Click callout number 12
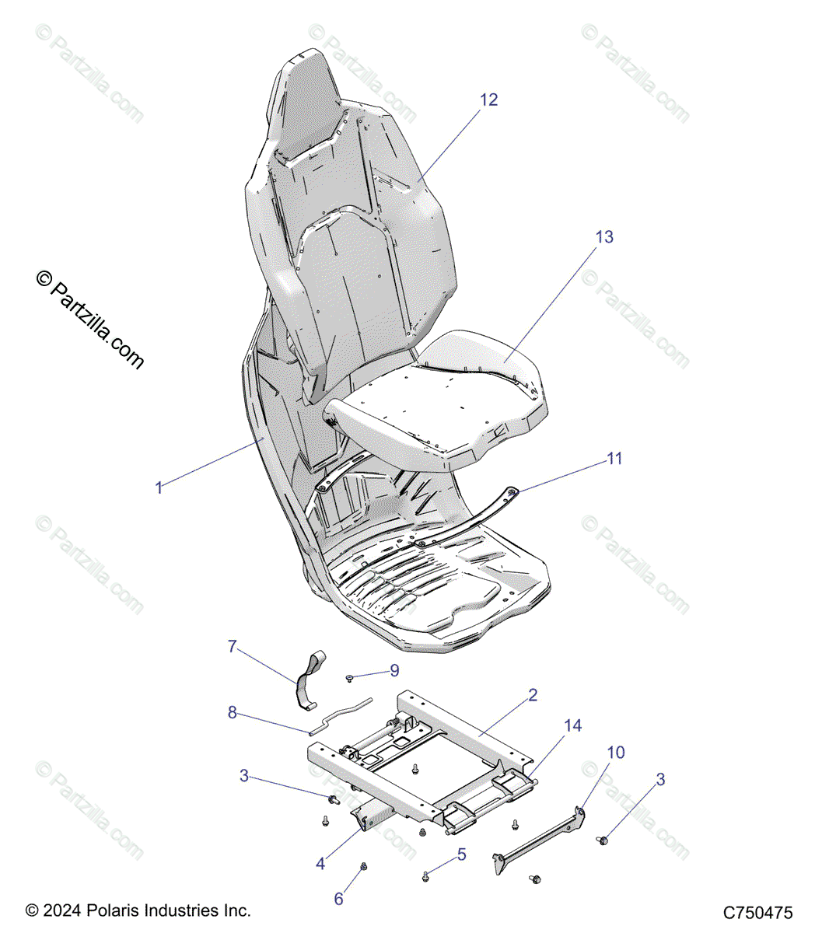tap(488, 100)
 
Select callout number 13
tap(604, 237)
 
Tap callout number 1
tap(159, 487)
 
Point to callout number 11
tap(614, 459)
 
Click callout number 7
tap(232, 647)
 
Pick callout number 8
tap(232, 712)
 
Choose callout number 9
tap(394, 670)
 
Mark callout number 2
tap(533, 695)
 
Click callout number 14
tap(573, 725)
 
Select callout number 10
tap(616, 753)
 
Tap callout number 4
tap(320, 863)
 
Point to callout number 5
tap(462, 854)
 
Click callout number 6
tap(338, 899)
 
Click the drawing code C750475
tap(757, 912)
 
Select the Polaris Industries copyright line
tap(138, 910)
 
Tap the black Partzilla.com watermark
tap(90, 320)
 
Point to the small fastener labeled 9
tap(351, 678)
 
